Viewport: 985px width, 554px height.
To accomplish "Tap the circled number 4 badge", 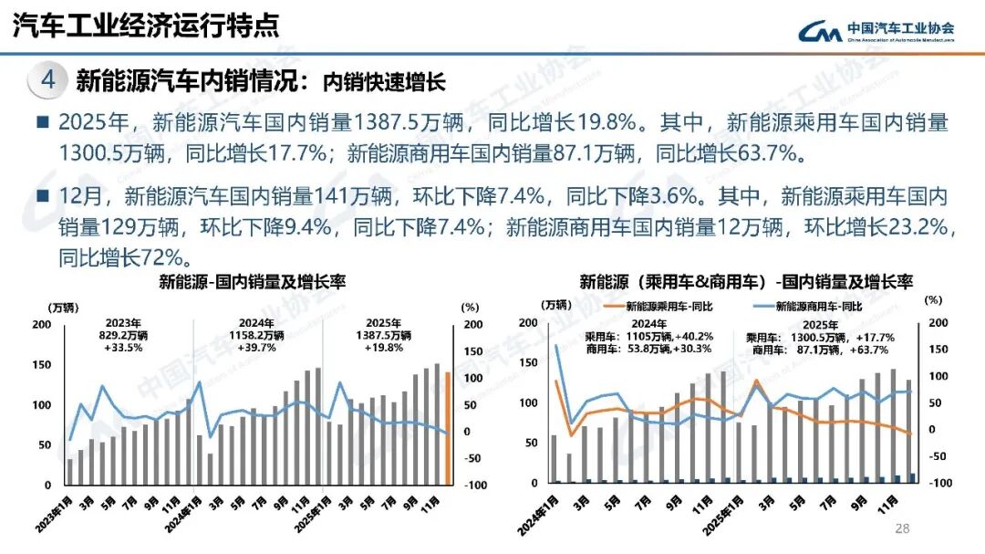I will tap(48, 80).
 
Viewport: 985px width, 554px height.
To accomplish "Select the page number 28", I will tap(903, 528).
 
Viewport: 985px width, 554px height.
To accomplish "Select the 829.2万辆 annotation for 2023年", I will tap(122, 335).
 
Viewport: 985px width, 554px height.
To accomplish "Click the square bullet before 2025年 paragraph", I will tap(41, 122).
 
